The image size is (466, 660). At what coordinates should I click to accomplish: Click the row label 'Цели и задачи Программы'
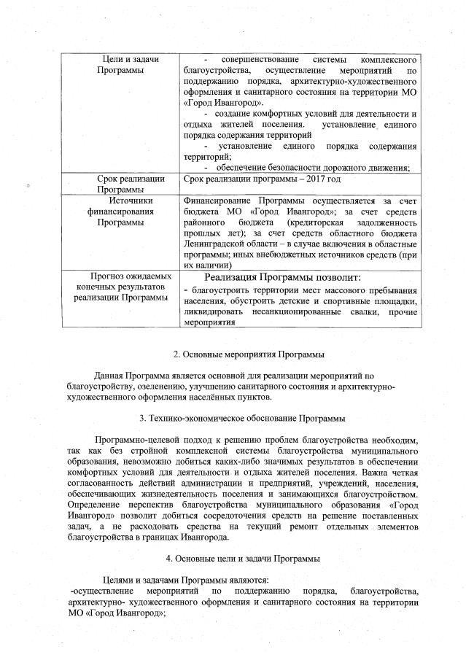(x=120, y=63)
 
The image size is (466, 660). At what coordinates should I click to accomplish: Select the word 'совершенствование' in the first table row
(x=261, y=58)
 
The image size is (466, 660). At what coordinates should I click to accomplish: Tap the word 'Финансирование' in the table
(x=217, y=200)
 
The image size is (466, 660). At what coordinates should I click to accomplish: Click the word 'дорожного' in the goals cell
(x=341, y=167)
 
